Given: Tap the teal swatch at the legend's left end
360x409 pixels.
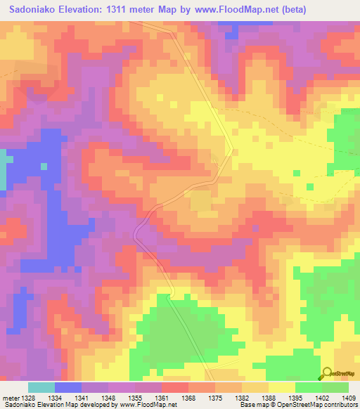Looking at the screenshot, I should [x=41, y=387].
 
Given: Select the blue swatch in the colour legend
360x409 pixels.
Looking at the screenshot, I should [x=68, y=387].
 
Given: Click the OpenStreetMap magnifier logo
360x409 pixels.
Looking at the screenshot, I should [x=328, y=375].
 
